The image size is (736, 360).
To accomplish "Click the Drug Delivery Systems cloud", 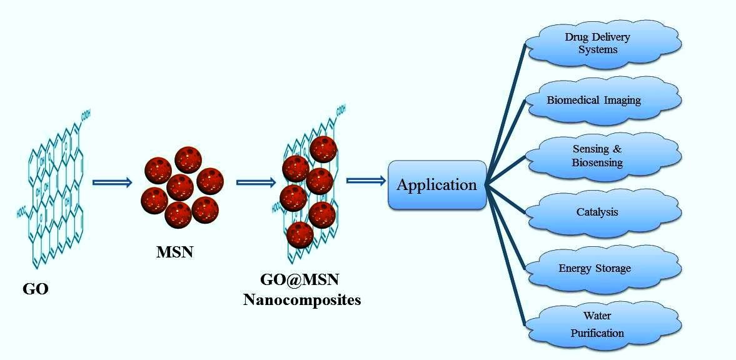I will (x=600, y=42).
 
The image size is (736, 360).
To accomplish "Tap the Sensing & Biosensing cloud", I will (x=597, y=156).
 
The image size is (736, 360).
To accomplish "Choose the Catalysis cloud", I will (x=597, y=212).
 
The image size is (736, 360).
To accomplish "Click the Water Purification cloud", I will (x=597, y=324).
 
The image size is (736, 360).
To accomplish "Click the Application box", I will (x=436, y=185).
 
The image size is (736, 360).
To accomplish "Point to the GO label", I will (x=36, y=289).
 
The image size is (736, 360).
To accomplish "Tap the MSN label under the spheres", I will (x=175, y=252).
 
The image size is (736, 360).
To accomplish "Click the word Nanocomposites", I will (x=302, y=299).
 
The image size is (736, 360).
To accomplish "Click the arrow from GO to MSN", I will (x=113, y=182).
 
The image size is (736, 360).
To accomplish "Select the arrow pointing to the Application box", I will (x=366, y=181).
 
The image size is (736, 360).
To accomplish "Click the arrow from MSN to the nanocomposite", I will (x=256, y=182).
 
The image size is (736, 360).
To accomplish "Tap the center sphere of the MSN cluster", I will (x=181, y=187).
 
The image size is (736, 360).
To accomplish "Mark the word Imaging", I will (x=620, y=99).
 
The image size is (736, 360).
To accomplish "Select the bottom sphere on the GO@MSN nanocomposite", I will (x=301, y=234).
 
